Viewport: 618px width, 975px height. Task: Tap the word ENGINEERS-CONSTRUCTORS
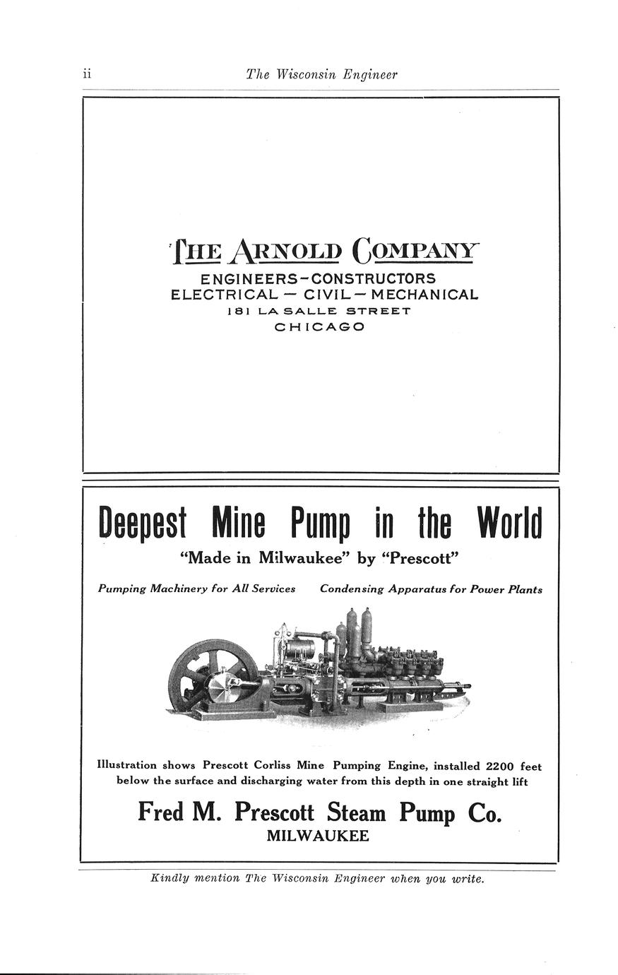318,279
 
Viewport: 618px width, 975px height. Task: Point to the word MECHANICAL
424,295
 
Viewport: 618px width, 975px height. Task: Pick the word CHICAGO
319,327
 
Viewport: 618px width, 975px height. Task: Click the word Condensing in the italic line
351,589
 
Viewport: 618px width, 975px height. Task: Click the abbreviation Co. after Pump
485,812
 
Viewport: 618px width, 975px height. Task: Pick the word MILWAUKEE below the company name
318,837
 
